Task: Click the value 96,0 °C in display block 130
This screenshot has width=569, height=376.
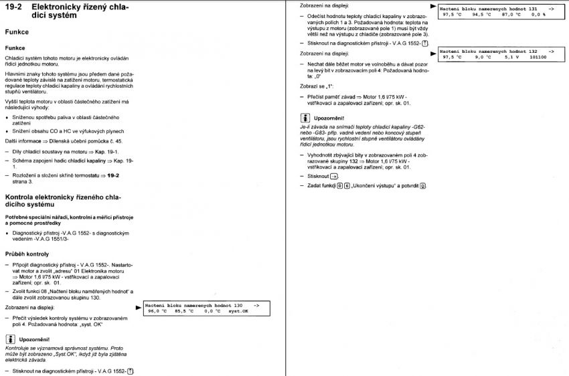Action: click(x=158, y=311)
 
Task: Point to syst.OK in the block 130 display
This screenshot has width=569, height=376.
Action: click(x=238, y=311)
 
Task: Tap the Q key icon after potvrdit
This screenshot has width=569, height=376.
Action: click(x=422, y=185)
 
